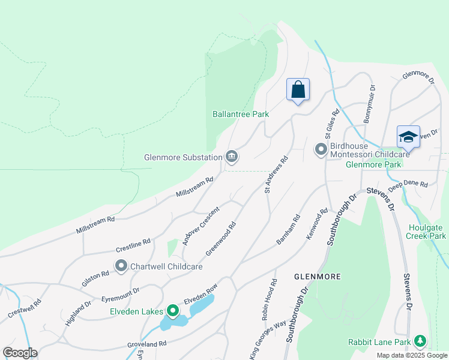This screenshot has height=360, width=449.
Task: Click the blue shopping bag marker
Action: click(298, 91)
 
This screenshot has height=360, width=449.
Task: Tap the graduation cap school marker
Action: click(408, 136)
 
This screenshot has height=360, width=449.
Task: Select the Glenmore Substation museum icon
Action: click(232, 157)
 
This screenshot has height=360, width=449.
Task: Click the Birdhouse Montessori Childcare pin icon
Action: click(321, 148)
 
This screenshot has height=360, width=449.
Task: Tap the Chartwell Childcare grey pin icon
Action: click(121, 266)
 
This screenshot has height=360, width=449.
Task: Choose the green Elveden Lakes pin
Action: click(173, 311)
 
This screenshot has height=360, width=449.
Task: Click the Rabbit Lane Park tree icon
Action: click(420, 342)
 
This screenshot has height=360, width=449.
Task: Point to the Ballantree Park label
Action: click(240, 114)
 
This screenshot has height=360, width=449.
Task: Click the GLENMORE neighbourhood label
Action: click(318, 277)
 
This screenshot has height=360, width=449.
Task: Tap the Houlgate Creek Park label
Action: click(427, 232)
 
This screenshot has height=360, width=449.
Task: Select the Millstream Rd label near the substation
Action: click(194, 187)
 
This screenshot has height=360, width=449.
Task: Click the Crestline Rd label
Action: click(133, 245)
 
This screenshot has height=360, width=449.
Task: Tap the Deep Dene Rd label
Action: click(408, 186)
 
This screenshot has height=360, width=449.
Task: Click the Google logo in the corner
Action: click(20, 352)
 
